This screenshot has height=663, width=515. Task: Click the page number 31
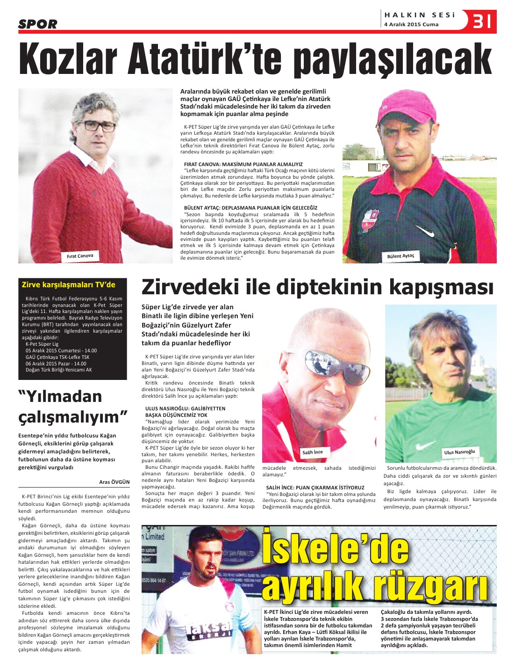coord(482,21)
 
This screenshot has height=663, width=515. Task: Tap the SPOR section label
coord(38,24)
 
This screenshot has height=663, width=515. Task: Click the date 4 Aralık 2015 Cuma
coord(411,24)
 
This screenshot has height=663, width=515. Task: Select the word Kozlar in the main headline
coord(68,59)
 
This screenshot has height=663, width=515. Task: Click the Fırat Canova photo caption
coord(80,256)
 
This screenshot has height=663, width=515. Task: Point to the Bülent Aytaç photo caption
coord(401,256)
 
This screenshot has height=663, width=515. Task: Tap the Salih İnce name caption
coord(312,452)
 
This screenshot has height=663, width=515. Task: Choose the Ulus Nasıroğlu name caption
coord(459,452)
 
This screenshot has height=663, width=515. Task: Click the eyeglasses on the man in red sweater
coord(97,125)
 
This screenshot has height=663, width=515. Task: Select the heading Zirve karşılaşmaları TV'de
coord(68,284)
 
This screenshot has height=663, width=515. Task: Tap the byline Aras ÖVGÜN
coord(114,481)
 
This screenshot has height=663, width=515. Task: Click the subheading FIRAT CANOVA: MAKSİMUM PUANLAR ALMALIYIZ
coord(243,164)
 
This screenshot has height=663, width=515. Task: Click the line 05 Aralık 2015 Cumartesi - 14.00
coord(61,350)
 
